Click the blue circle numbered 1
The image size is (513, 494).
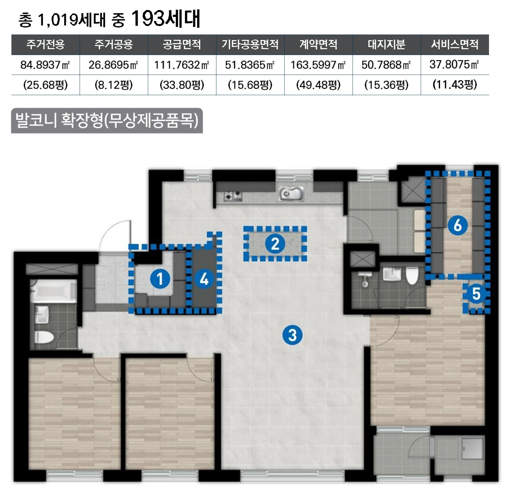pyautogui.click(x=160, y=279)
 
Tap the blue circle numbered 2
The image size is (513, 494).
pyautogui.click(x=275, y=244)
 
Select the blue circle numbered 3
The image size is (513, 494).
pyautogui.click(x=292, y=335)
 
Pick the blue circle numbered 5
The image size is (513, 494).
pyautogui.click(x=476, y=294)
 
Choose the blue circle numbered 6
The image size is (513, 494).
pyautogui.click(x=458, y=226)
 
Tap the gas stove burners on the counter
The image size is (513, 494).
pyautogui.click(x=233, y=196)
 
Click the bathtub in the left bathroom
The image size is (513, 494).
pyautogui.click(x=54, y=291)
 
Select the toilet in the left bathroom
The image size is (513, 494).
pyautogui.click(x=44, y=337)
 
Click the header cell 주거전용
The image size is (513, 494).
pyautogui.click(x=45, y=44)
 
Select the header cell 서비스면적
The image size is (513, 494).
pyautogui.click(x=455, y=44)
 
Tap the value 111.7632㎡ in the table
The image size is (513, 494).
pyautogui.click(x=182, y=65)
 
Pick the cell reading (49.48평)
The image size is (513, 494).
pyautogui.click(x=318, y=85)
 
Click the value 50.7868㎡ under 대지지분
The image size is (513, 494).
pyautogui.click(x=386, y=65)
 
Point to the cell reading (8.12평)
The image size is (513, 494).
pyautogui.click(x=114, y=85)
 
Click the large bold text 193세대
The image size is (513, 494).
pyautogui.click(x=165, y=18)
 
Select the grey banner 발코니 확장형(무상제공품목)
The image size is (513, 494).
pyautogui.click(x=107, y=121)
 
